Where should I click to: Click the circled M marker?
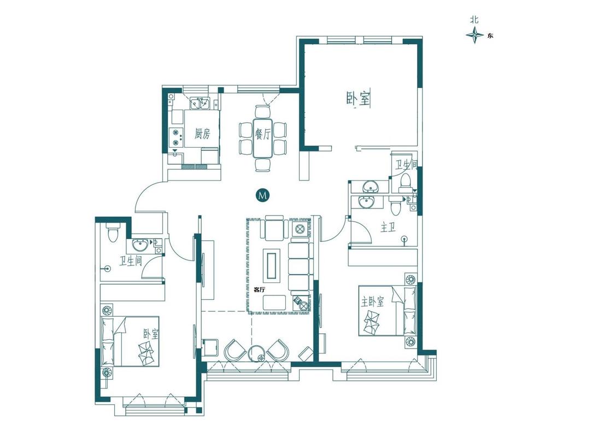263,195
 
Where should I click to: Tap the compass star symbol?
475,36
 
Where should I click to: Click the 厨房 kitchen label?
202,134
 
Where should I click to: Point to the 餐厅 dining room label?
263,134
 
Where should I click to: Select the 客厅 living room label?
259,290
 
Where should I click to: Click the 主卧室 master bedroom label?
373,301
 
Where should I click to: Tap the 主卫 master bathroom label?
388,227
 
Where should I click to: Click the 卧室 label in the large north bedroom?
358,98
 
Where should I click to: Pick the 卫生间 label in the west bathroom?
131,261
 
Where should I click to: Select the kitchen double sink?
199,103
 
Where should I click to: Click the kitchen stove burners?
176,137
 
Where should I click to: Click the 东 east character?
490,36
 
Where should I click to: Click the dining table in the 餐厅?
263,138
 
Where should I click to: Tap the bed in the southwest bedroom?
131,341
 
